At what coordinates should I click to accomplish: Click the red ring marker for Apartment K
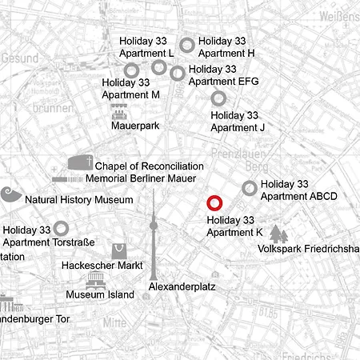[x=214, y=203]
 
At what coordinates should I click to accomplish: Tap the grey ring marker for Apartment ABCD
[x=250, y=188]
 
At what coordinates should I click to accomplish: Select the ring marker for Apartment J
[x=218, y=98]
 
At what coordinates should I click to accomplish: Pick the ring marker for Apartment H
[x=186, y=45]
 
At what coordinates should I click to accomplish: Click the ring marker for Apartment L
[x=158, y=66]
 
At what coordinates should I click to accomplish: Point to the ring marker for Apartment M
[x=131, y=70]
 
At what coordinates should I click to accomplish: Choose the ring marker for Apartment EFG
[x=178, y=74]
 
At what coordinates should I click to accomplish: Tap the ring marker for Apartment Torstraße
[x=61, y=229]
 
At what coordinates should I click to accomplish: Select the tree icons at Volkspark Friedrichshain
[x=278, y=234]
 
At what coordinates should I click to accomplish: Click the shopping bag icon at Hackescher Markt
[x=119, y=250]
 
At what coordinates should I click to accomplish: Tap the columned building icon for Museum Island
[x=96, y=281]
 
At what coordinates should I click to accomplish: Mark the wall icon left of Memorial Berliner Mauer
[x=67, y=179]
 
